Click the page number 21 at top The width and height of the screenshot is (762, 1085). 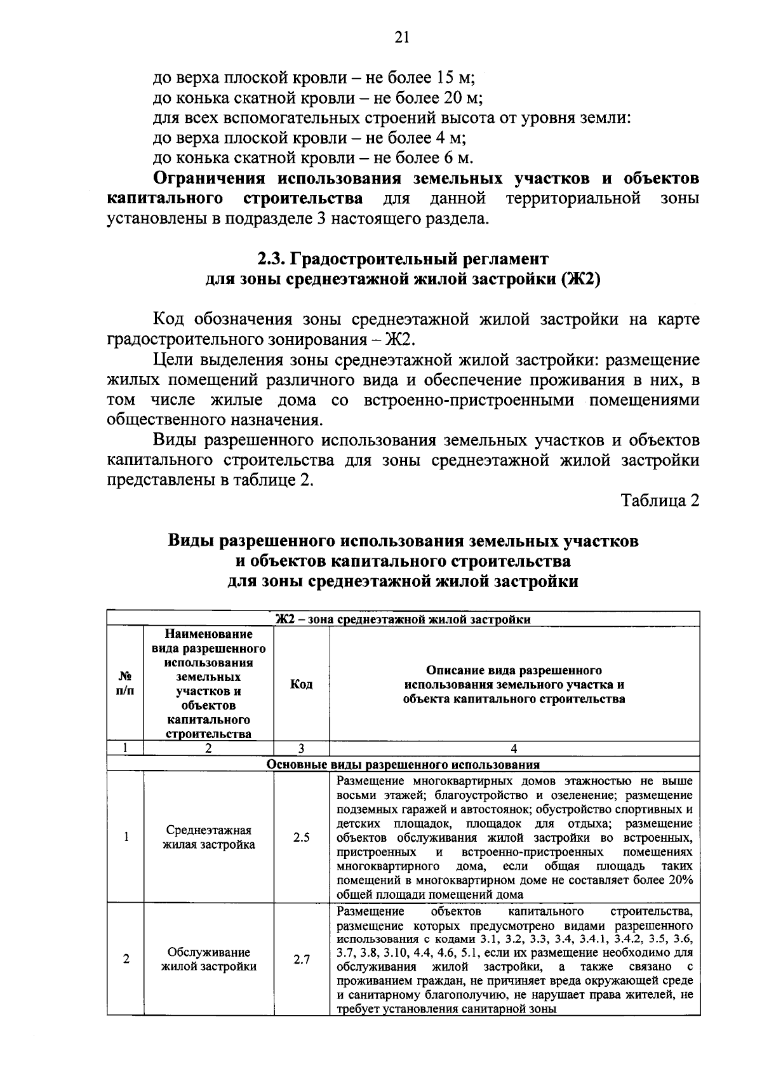(x=401, y=37)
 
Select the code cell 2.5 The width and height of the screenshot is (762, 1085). (x=302, y=837)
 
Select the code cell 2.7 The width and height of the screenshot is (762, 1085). (x=302, y=959)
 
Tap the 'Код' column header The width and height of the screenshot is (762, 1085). (x=301, y=684)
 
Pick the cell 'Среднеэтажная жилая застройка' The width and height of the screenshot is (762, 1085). (x=209, y=837)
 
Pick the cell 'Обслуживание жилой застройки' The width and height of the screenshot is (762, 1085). (x=209, y=959)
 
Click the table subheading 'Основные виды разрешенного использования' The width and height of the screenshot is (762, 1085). (x=403, y=764)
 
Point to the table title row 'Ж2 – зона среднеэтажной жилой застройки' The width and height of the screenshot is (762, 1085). (x=403, y=619)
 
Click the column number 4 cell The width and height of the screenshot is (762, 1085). (x=514, y=748)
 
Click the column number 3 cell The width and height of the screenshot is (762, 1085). (x=301, y=748)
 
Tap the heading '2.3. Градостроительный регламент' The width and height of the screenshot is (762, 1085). (x=402, y=259)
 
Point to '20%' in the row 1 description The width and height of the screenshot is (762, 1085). (x=680, y=880)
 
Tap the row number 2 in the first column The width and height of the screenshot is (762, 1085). (x=126, y=959)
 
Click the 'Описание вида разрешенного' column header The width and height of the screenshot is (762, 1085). (x=514, y=670)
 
